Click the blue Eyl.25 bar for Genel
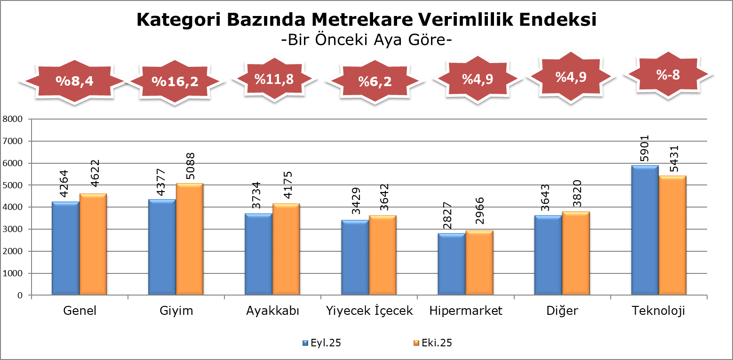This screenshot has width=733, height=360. (65, 248)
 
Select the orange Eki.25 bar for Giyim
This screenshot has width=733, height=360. (190, 239)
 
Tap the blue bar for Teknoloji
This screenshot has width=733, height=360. (645, 231)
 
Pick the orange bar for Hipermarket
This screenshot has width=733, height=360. (479, 263)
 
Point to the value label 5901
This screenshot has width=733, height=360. (645, 149)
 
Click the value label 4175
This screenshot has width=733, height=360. (287, 187)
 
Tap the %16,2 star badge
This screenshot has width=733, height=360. (175, 81)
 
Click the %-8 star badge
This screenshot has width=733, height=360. (668, 75)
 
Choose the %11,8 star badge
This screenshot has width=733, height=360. (274, 79)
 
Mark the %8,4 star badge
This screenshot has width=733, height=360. (75, 81)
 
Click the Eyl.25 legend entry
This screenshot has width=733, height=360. (321, 343)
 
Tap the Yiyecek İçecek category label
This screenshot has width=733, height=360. (369, 311)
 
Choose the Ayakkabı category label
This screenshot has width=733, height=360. (273, 311)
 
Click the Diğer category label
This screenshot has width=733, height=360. (562, 311)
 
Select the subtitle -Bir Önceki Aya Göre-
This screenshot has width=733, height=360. (366, 40)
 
